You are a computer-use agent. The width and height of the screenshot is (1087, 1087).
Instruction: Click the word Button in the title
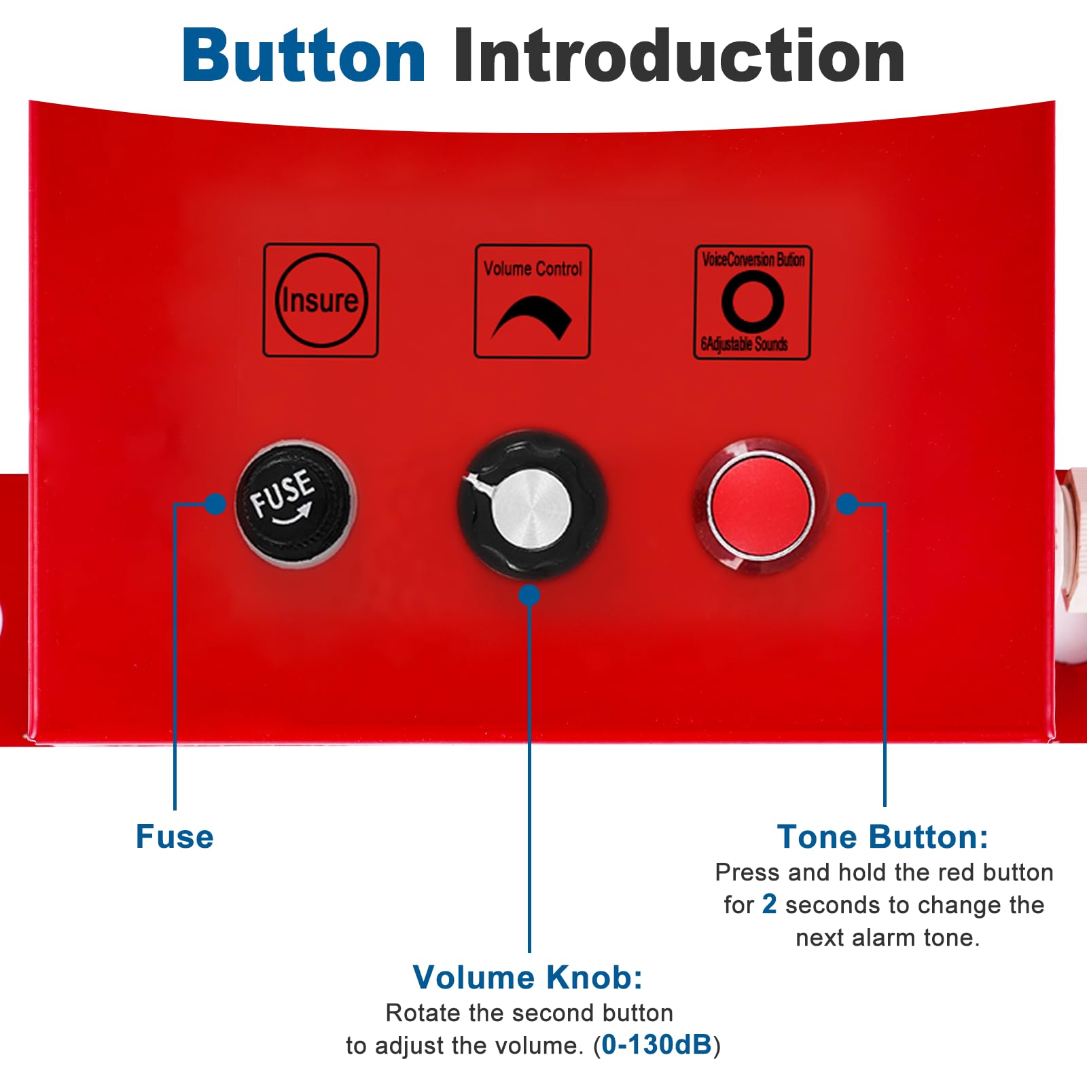[x=304, y=56]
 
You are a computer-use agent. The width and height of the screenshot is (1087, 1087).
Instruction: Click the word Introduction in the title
[x=679, y=56]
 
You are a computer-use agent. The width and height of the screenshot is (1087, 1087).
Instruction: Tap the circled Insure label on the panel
[x=321, y=300]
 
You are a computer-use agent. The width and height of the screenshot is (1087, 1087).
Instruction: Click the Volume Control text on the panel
[x=533, y=269]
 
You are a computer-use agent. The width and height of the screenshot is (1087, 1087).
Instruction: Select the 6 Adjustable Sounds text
[x=745, y=344]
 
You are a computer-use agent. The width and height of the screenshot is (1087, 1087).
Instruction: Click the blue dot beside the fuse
[x=215, y=504]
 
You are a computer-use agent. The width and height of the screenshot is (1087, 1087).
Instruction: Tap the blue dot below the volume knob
[x=529, y=595]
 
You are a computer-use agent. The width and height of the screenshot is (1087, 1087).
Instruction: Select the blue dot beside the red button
[x=847, y=503]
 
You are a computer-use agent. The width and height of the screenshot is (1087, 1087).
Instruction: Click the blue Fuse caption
[x=175, y=836]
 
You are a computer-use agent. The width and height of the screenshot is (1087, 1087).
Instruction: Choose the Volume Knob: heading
[x=528, y=978]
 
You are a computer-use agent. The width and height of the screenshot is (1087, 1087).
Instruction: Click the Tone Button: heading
[x=883, y=836]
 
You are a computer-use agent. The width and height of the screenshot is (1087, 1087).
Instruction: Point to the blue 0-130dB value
[x=656, y=1045]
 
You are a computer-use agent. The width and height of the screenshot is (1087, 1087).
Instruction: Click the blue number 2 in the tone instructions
[x=769, y=904]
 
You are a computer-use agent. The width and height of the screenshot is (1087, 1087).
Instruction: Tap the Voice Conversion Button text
[x=753, y=260]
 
